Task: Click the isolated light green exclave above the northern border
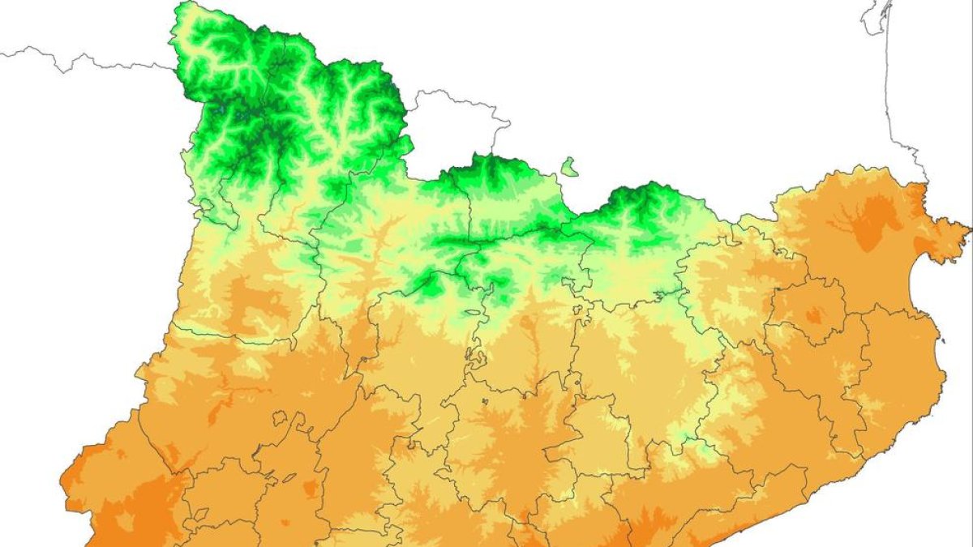pos(570,168)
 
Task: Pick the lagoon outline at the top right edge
pos(877,16)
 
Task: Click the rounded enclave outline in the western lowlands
pos(280,420)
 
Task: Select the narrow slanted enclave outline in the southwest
pos(288,478)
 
